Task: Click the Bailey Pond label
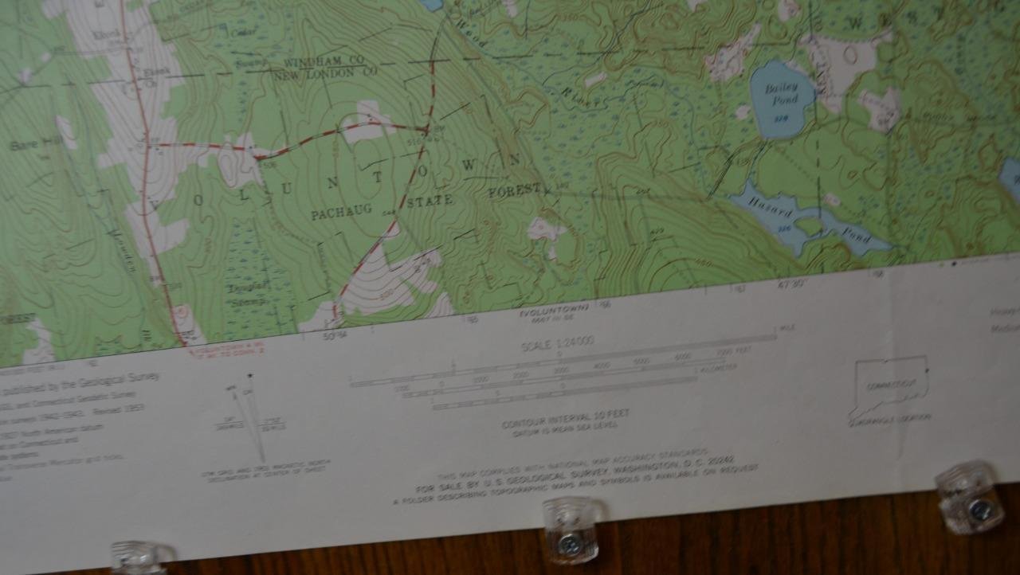781,94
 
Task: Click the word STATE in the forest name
430,201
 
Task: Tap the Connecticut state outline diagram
890,385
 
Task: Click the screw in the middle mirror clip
569,544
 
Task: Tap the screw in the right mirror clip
980,510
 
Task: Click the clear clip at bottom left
142,557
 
